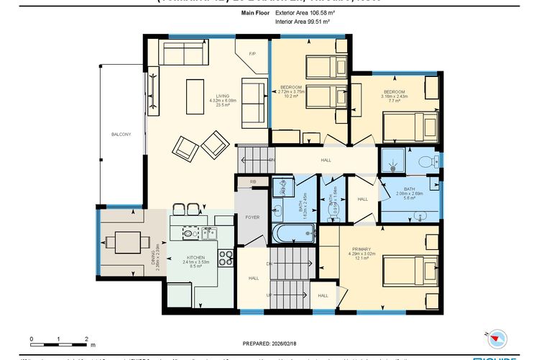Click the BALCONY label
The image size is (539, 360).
[121, 135]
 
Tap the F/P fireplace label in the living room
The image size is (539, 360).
[252, 54]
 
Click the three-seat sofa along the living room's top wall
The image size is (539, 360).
[182, 53]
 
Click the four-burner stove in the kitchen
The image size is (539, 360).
[224, 257]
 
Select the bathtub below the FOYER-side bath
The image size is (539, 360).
[294, 233]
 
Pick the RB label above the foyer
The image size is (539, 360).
[252, 182]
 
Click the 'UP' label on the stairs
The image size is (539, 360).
[269, 295]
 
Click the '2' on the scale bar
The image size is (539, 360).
[86, 338]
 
